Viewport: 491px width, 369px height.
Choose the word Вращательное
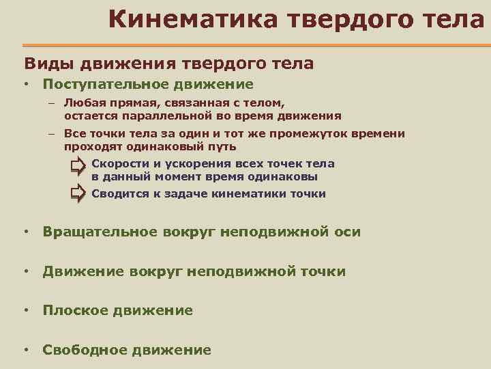pyautogui.click(x=100, y=232)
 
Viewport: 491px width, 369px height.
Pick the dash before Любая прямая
pyautogui.click(x=51, y=104)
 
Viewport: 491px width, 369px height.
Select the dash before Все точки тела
pyautogui.click(x=51, y=135)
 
